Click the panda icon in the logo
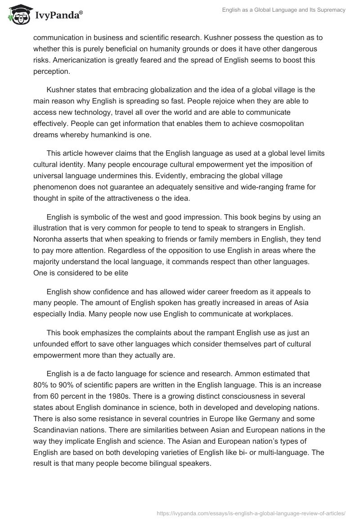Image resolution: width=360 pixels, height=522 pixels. [x=17, y=15]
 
